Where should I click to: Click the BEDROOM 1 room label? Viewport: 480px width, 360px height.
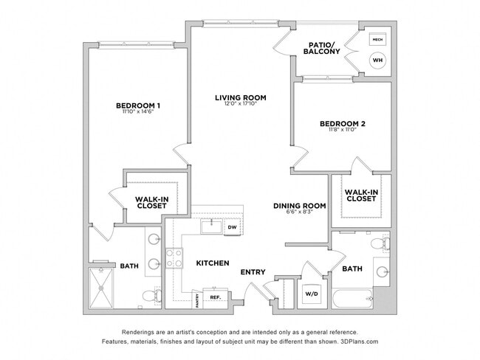(138, 105)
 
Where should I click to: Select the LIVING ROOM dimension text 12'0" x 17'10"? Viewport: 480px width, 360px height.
(240, 104)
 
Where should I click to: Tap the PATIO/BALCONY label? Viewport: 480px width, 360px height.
(322, 47)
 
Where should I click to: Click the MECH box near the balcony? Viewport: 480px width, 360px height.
(377, 40)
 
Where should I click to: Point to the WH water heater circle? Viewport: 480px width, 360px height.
(377, 60)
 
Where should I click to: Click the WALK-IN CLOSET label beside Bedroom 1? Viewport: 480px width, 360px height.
(151, 201)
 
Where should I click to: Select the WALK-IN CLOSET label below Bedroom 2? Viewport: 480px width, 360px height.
(361, 195)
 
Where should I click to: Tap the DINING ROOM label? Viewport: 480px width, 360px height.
(299, 206)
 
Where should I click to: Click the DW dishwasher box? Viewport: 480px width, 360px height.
(231, 227)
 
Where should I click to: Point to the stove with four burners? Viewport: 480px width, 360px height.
(174, 258)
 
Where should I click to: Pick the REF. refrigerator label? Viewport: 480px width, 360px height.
(216, 297)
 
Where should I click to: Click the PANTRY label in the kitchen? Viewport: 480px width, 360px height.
(197, 299)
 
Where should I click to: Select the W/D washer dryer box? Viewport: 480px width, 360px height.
(311, 294)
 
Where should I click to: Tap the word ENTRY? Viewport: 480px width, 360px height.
(253, 272)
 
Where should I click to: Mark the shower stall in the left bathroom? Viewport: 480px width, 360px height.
(103, 286)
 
